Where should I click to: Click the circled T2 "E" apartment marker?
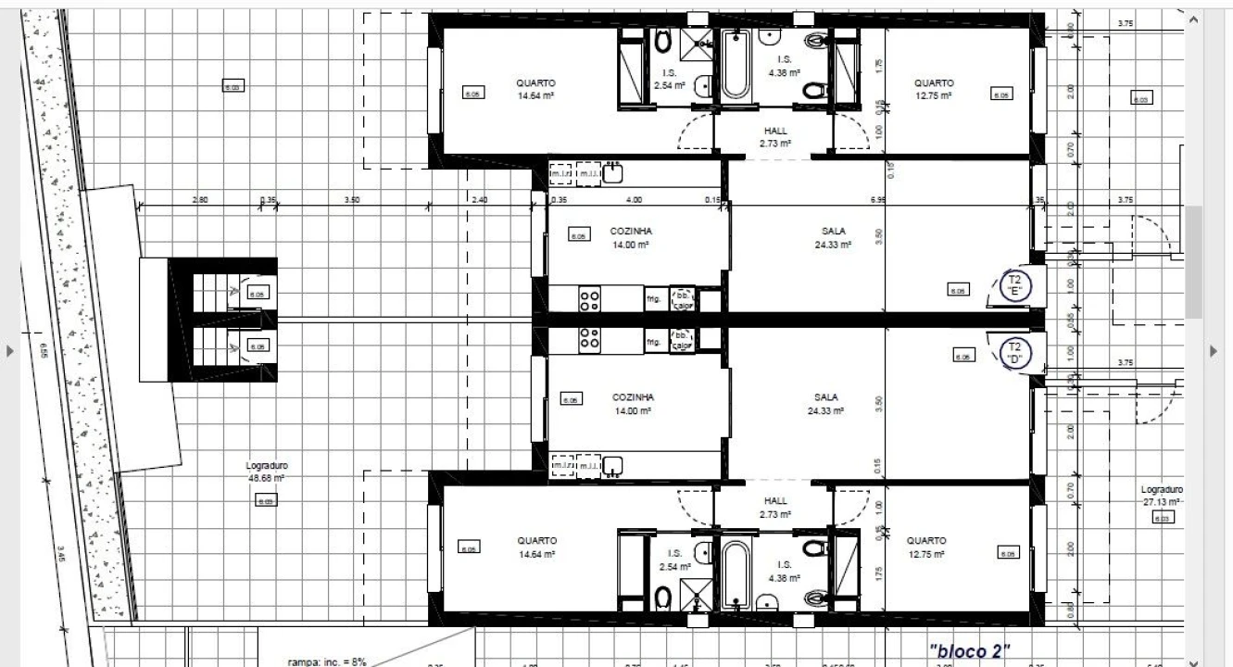pyautogui.click(x=1014, y=285)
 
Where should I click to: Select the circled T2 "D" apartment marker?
pyautogui.click(x=1014, y=353)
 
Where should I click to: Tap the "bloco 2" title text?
pyautogui.click(x=969, y=651)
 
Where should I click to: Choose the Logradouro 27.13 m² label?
pyautogui.click(x=1163, y=496)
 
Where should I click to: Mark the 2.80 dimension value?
pyautogui.click(x=200, y=199)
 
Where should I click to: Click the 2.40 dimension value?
pyautogui.click(x=478, y=199)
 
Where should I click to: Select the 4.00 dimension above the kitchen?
pyautogui.click(x=634, y=199)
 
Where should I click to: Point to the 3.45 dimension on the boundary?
pyautogui.click(x=61, y=555)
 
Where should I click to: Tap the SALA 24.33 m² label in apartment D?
pyautogui.click(x=825, y=404)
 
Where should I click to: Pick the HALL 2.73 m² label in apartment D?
pyautogui.click(x=775, y=507)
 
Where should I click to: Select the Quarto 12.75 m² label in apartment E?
pyautogui.click(x=933, y=89)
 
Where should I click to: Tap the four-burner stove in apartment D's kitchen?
pyautogui.click(x=590, y=341)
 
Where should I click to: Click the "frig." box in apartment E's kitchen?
pyautogui.click(x=654, y=298)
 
